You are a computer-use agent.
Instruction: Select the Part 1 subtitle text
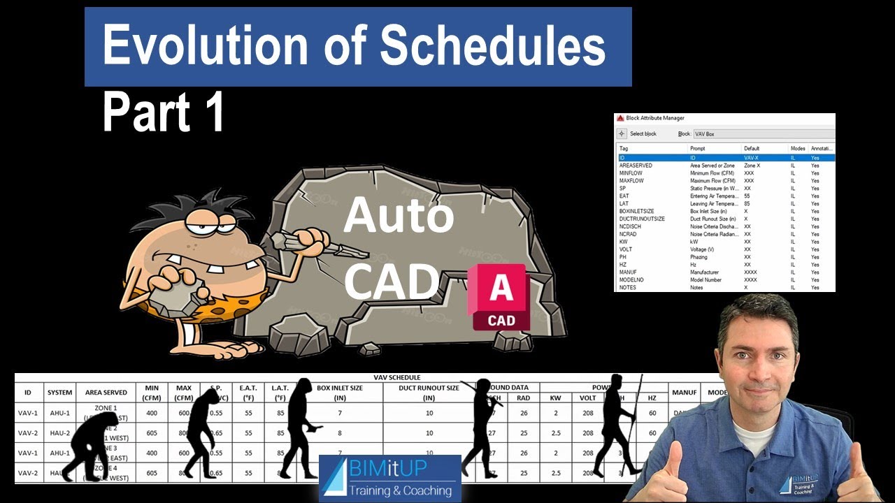coord(164,112)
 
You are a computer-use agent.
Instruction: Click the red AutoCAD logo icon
coord(500,297)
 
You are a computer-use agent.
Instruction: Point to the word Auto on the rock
coord(399,216)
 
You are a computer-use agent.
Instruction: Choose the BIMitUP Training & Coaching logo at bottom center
coord(390,478)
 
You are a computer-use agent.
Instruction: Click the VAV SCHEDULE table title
coord(397,377)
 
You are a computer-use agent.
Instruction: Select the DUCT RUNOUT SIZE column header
coord(429,393)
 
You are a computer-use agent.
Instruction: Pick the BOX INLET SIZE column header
coord(341,393)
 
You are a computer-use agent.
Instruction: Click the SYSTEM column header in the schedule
coord(59,393)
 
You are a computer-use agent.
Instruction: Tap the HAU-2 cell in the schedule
coord(59,433)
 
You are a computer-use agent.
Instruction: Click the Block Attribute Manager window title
coord(655,118)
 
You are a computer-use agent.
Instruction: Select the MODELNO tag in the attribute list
coord(632,279)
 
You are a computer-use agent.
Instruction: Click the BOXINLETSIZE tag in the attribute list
coord(636,211)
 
